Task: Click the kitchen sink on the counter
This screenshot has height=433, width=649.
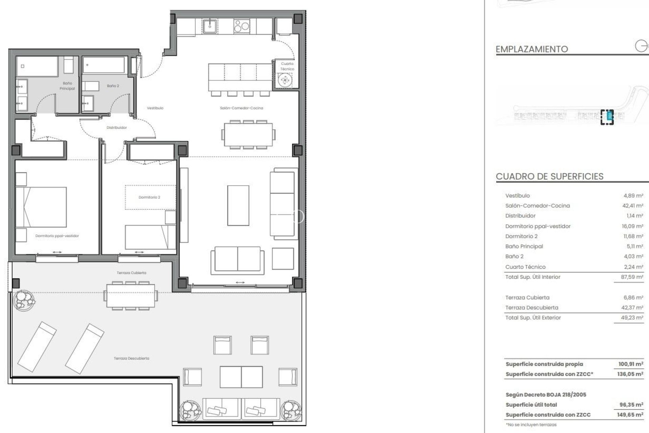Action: tap(210, 25)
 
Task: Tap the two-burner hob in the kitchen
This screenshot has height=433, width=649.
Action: tap(242, 26)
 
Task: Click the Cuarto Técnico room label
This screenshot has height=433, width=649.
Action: tap(287, 66)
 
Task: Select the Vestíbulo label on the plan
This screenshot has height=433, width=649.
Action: tap(155, 108)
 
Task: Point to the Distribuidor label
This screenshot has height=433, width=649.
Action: tap(117, 128)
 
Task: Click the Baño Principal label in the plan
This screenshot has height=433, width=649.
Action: tap(67, 86)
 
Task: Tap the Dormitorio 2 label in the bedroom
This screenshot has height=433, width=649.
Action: tap(149, 197)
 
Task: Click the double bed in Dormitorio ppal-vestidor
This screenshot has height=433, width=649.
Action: tap(41, 207)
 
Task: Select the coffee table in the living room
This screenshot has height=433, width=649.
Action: tap(238, 205)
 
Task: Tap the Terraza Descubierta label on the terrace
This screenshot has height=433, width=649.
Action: tap(131, 358)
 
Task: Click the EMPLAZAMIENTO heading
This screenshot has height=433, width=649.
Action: tap(531, 49)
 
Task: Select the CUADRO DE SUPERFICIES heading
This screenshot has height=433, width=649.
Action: tap(549, 177)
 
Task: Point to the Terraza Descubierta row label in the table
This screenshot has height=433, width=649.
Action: tap(531, 307)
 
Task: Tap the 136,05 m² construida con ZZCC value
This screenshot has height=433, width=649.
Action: tap(630, 374)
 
